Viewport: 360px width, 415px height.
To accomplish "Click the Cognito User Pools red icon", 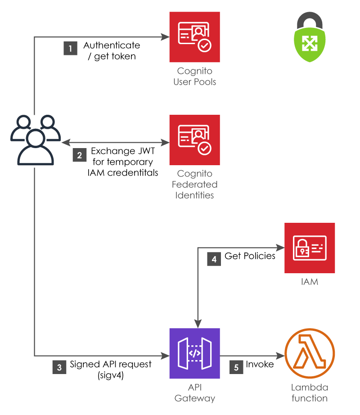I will coord(194,37).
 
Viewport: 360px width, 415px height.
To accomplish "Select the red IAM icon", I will coord(310,248).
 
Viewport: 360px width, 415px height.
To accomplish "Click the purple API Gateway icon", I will coord(194,353).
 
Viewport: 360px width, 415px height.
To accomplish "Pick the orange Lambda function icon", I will coord(310,353).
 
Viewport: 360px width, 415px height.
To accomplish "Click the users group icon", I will coord(35,139).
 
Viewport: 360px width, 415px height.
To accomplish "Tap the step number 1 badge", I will coord(70,49).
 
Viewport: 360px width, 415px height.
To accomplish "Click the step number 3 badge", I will coord(59,367).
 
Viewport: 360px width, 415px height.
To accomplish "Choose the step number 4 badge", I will coord(214,259).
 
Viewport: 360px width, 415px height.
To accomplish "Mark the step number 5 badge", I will coord(236,367).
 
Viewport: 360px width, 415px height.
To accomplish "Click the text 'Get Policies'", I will coord(250,256).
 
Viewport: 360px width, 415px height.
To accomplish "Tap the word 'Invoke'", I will coord(260,364).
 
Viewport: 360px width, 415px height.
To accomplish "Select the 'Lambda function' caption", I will coord(310,392).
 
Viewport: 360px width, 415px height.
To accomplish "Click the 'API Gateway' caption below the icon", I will coord(194,392).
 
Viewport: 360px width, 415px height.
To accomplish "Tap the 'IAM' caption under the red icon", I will coord(310,282).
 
